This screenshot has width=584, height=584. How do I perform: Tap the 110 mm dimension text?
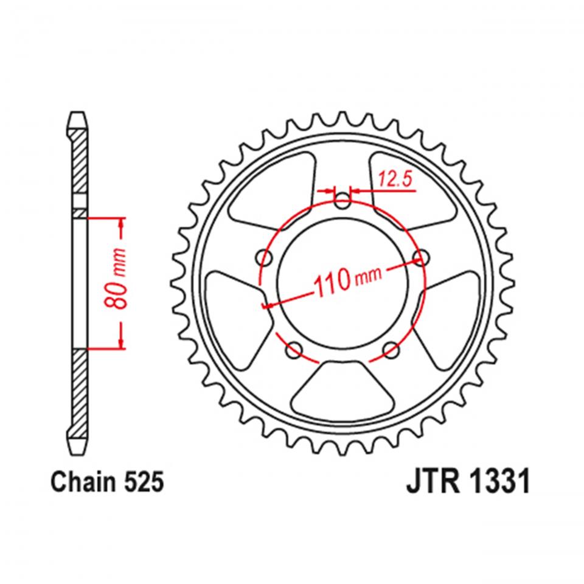pyautogui.click(x=347, y=280)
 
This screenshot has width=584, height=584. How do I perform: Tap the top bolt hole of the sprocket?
pyautogui.click(x=342, y=201)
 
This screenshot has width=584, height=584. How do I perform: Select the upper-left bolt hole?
pyautogui.click(x=265, y=257)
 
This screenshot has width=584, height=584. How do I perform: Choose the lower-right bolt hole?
pyautogui.click(x=391, y=349)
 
